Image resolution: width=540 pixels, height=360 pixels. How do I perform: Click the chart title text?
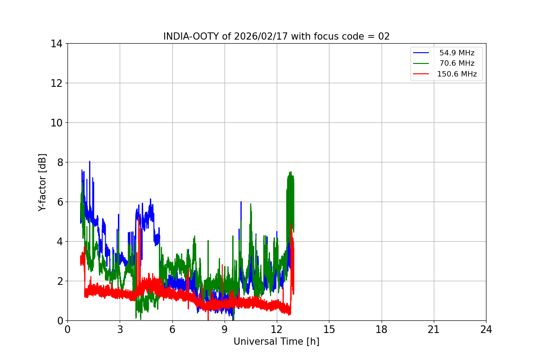click(x=276, y=36)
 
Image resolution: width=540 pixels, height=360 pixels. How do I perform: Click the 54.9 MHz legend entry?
click(x=457, y=53)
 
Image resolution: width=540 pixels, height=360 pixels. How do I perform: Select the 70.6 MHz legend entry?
click(x=457, y=63)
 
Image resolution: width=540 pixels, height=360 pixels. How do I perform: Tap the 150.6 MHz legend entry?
click(x=457, y=74)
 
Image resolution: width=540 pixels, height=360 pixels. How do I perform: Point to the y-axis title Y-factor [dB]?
click(x=42, y=182)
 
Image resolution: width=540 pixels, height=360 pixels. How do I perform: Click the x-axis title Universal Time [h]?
click(x=276, y=342)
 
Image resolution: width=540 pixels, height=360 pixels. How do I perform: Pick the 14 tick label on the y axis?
click(x=56, y=44)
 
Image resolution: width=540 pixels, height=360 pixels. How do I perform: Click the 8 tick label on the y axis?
click(x=59, y=162)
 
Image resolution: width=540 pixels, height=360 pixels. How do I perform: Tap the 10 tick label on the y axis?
click(x=56, y=123)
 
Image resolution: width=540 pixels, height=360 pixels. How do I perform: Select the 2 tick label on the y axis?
click(x=59, y=281)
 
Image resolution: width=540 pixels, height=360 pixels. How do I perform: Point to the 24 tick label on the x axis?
click(x=486, y=329)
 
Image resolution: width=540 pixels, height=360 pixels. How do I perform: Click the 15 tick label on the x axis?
click(x=329, y=329)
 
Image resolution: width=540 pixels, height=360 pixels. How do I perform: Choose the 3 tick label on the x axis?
click(x=120, y=329)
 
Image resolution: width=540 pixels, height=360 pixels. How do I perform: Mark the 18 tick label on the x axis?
click(x=382, y=329)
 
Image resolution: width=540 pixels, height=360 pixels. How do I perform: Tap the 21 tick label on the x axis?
click(x=434, y=329)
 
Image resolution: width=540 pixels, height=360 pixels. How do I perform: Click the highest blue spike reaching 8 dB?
click(x=90, y=162)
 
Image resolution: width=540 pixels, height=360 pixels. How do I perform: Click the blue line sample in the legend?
click(x=421, y=53)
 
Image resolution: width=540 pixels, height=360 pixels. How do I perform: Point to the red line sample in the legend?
click(x=421, y=74)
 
